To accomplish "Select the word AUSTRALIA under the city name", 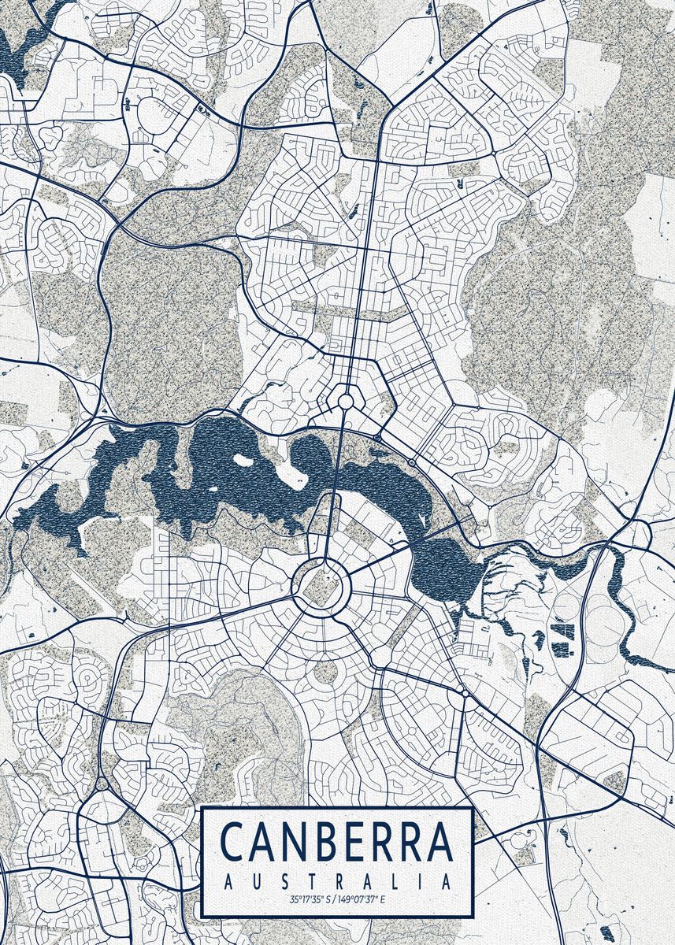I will click(x=338, y=880).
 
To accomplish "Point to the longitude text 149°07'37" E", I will click(x=362, y=899).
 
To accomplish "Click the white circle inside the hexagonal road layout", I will click(x=345, y=402).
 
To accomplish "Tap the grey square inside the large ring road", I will click(x=320, y=584).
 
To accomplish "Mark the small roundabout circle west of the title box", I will click(x=102, y=784).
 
